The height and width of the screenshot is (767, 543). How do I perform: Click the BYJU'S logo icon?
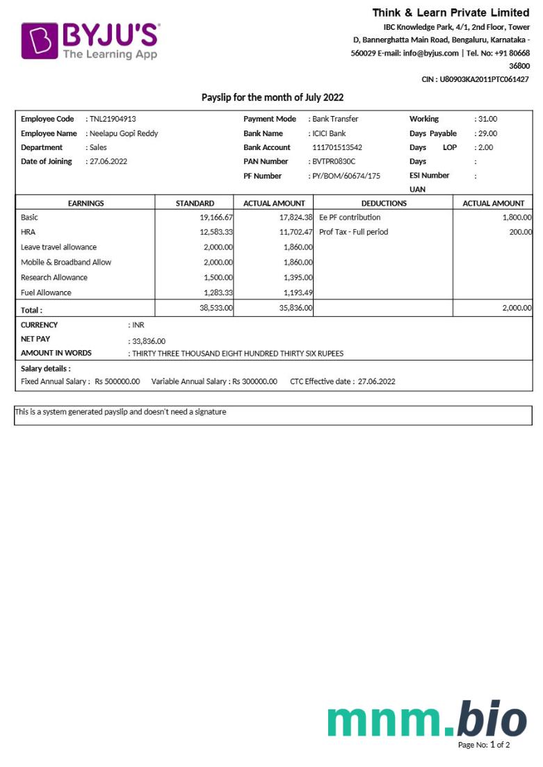[x=39, y=40]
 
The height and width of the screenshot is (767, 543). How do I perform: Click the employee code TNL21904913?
[x=113, y=119]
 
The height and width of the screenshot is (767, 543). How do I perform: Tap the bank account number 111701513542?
[x=337, y=147]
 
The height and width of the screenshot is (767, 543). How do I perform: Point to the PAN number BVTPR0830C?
[x=334, y=161]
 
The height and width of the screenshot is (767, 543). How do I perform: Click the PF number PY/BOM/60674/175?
[x=346, y=176]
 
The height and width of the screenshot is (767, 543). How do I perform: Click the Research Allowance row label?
[x=54, y=277]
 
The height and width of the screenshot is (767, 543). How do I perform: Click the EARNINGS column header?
[x=86, y=203]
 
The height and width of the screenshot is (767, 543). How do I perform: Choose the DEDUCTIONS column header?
[x=384, y=203]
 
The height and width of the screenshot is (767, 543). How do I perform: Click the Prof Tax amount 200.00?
[x=520, y=232]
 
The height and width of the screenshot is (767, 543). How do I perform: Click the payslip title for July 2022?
[x=273, y=97]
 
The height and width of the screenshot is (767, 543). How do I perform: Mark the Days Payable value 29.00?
[x=487, y=133]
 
